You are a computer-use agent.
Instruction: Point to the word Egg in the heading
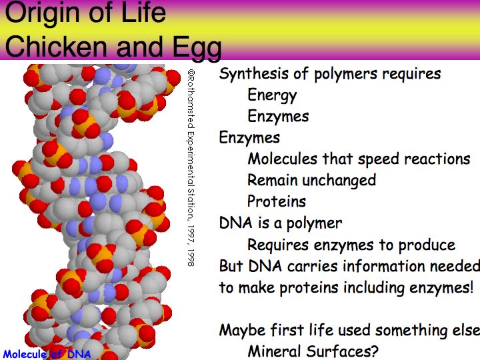(197, 48)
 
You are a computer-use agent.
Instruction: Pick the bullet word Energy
(272, 95)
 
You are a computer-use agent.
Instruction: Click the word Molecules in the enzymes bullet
(282, 159)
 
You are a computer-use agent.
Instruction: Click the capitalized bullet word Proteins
(277, 201)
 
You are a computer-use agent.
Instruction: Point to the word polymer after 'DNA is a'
(314, 224)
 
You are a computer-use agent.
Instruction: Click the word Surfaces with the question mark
(343, 351)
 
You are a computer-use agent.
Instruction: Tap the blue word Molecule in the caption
(25, 354)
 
